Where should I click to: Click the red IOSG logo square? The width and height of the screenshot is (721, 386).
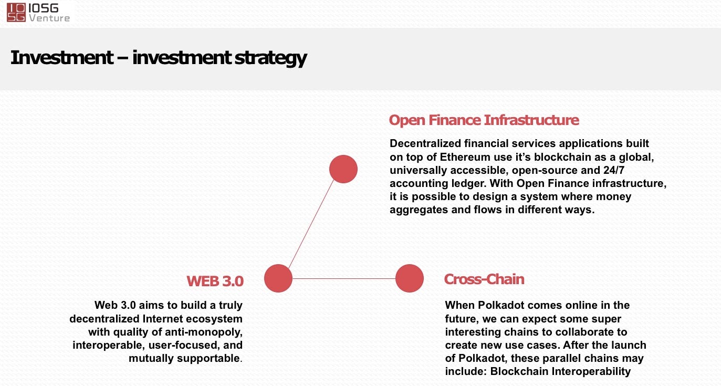click(16, 13)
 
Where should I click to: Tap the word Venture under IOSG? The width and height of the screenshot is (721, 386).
click(49, 18)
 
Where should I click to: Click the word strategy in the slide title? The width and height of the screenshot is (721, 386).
click(270, 58)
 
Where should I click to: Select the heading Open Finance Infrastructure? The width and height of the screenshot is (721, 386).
click(484, 120)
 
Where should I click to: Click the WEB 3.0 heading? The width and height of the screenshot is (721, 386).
click(215, 281)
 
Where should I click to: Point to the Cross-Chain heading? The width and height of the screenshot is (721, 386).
click(484, 279)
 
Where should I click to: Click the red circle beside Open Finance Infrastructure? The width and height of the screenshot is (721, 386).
click(343, 169)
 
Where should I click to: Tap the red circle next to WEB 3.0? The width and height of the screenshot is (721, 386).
click(278, 278)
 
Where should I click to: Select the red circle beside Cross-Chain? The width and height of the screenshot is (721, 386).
click(409, 278)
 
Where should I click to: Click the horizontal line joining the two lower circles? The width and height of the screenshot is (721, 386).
click(344, 278)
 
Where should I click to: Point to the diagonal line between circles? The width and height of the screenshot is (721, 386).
click(311, 224)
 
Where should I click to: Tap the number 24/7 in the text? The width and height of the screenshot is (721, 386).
click(614, 170)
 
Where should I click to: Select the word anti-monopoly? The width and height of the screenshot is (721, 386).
click(204, 332)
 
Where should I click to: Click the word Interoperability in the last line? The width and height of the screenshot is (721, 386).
click(591, 371)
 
